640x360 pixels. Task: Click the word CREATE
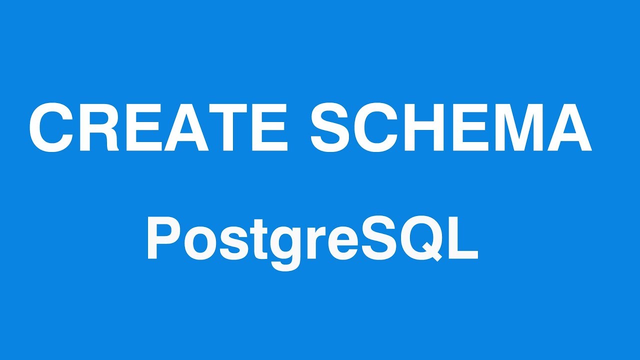pos(158,127)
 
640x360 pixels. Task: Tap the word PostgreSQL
pos(312,239)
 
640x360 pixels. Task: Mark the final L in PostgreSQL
pos(463,239)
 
